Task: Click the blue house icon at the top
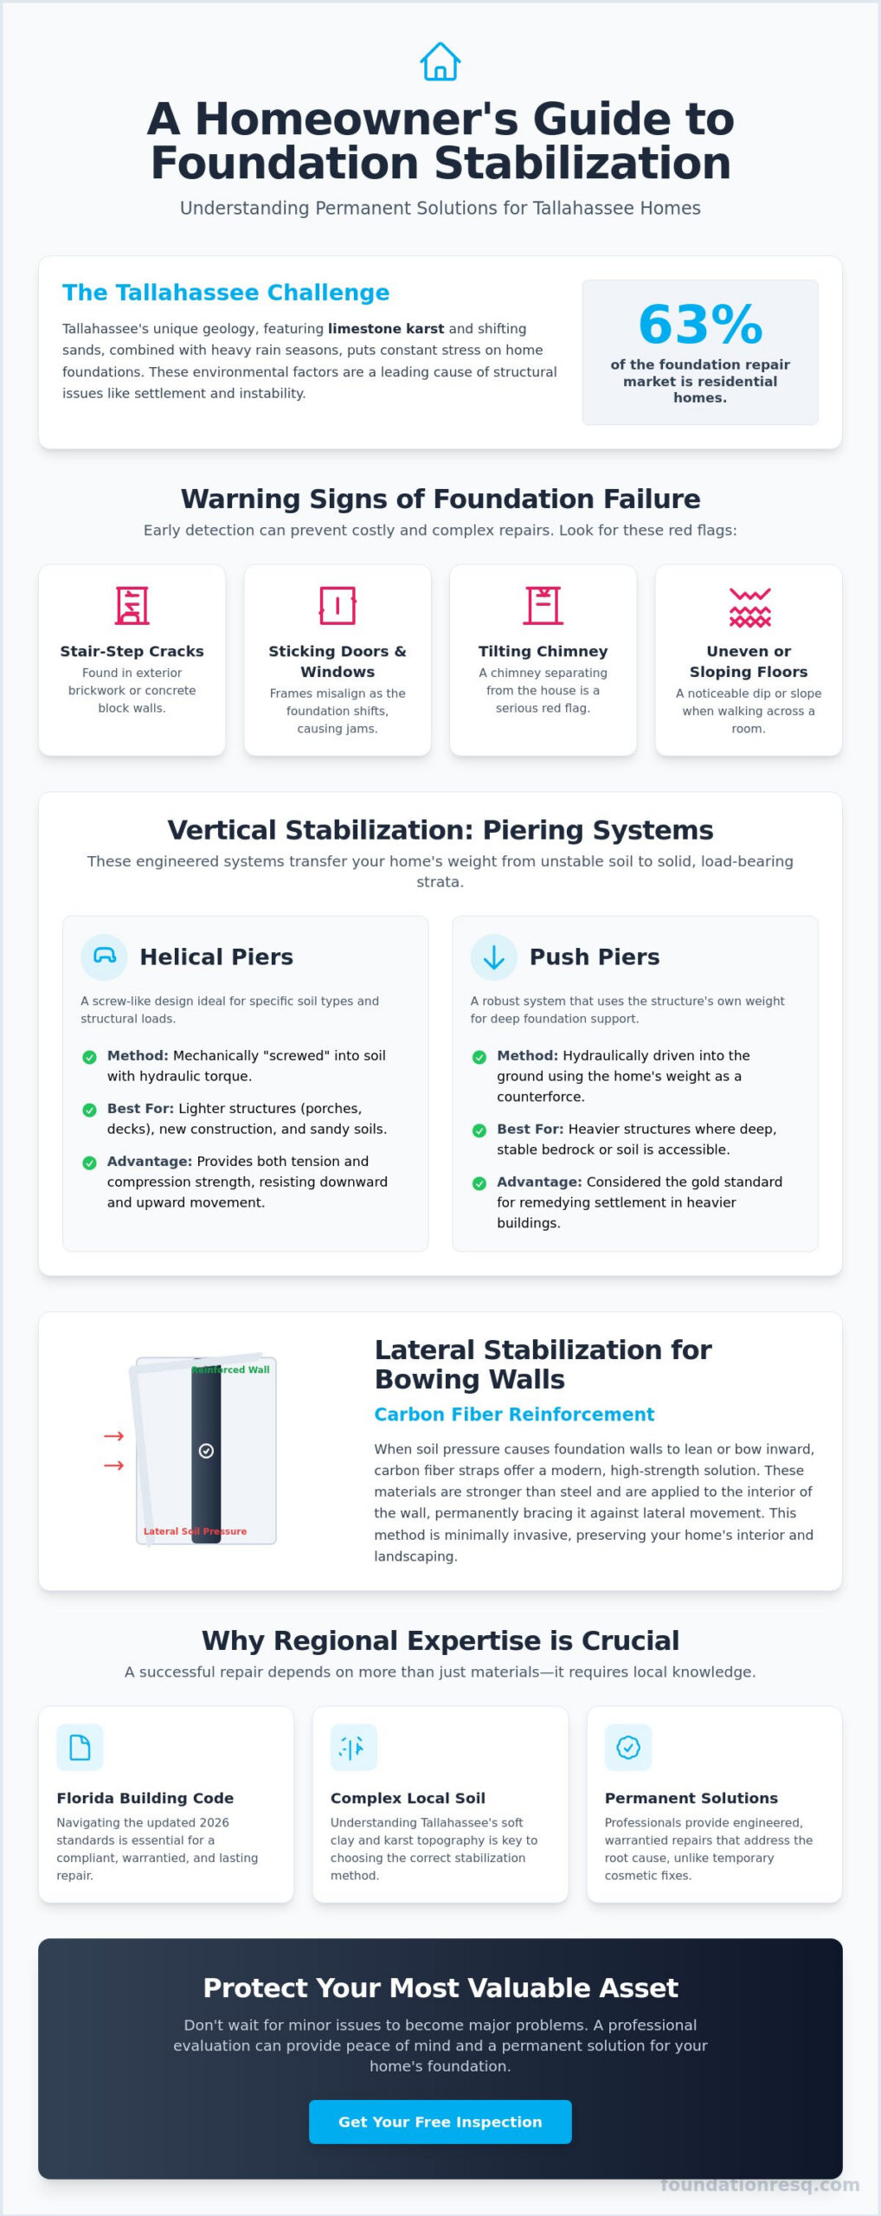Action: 440,61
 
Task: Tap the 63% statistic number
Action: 700,325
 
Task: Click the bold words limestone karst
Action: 386,329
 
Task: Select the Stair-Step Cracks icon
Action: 132,605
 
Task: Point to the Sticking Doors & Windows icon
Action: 338,605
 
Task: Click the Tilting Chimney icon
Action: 543,605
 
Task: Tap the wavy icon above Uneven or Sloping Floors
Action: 749,607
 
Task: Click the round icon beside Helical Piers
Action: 104,957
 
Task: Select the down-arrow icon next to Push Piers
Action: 493,957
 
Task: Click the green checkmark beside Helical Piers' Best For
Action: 89,1110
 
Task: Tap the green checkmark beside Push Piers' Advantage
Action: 479,1183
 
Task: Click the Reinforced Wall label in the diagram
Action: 231,1369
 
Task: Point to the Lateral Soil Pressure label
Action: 195,1531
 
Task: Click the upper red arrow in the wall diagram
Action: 113,1436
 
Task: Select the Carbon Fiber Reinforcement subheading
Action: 514,1414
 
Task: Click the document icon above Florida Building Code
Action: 80,1748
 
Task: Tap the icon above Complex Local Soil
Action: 353,1748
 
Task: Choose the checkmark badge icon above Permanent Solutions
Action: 627,1748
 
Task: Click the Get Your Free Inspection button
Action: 440,2122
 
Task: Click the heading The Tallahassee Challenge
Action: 226,293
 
